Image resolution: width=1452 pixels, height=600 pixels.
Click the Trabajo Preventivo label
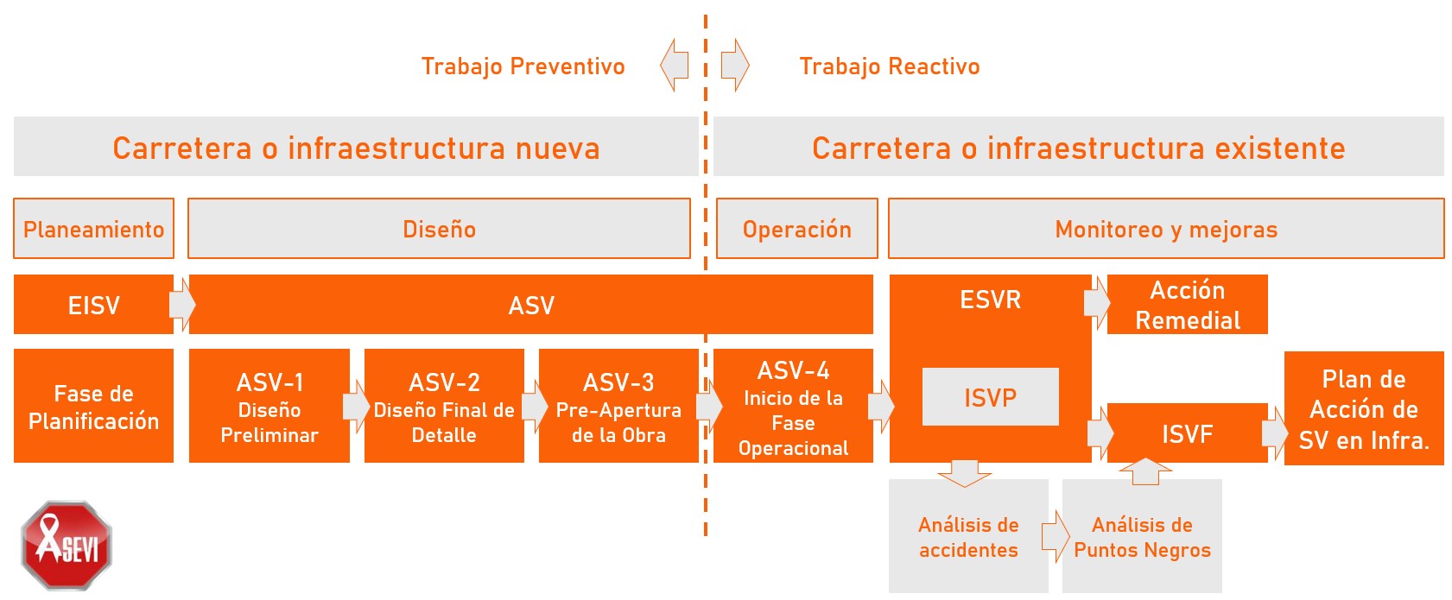523,66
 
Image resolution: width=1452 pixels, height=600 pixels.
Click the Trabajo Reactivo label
889,66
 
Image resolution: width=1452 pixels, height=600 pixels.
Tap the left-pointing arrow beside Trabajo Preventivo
675,65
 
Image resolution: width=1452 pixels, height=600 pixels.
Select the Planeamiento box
93,229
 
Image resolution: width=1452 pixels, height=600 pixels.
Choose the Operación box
796,229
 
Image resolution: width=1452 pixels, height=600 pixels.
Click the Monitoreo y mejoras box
1165,229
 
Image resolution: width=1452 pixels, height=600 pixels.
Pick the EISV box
93,305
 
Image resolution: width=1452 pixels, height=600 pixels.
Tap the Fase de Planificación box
93,407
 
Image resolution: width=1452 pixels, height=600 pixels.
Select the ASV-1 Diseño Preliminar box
269,407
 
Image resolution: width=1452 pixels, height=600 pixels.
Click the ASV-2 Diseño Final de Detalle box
444,407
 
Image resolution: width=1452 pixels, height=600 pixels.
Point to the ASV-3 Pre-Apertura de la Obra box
618,407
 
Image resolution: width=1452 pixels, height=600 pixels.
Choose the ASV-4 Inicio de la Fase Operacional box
793,407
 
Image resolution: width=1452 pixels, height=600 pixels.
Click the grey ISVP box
990,397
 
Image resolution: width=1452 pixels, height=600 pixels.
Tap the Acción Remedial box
1187,305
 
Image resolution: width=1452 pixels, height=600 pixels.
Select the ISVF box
1187,433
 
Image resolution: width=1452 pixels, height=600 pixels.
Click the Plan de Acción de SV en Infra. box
1364,409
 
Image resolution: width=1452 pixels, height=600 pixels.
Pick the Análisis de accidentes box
968,537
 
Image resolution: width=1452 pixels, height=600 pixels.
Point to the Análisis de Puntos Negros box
1142,537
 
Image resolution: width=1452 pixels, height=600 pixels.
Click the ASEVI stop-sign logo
67,545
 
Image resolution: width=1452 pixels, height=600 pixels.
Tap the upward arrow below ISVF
1145,471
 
